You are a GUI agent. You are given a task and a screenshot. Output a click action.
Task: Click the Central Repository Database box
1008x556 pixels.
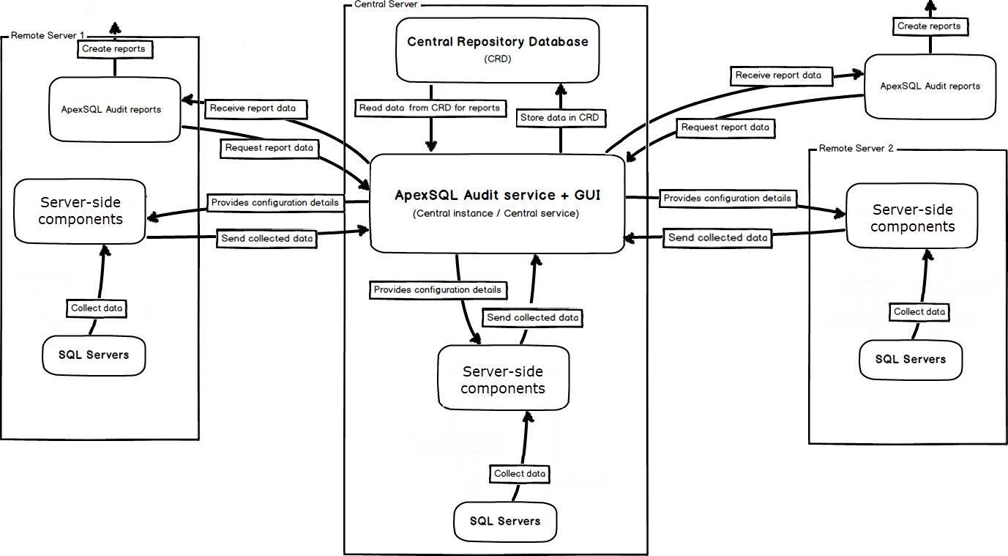497,50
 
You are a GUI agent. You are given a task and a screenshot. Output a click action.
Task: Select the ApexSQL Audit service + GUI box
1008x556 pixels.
497,204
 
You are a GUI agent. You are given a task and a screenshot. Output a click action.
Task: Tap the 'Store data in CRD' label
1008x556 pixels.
559,117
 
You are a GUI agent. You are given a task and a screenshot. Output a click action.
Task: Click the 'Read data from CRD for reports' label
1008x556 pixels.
429,108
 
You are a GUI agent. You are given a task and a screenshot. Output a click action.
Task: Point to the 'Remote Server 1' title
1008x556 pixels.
48,35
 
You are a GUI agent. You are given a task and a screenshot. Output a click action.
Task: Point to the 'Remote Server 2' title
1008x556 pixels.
856,149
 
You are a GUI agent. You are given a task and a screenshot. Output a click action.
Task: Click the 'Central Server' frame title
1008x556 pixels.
385,4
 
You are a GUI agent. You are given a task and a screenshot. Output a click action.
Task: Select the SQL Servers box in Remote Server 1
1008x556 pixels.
94,355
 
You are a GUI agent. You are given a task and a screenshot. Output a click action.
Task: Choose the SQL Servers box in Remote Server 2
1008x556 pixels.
911,360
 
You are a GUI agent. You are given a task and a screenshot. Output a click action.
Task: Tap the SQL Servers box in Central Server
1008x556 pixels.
505,522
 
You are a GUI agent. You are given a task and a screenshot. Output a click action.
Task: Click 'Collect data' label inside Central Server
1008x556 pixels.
520,474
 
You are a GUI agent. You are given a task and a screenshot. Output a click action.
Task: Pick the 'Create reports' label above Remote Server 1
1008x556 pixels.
113,49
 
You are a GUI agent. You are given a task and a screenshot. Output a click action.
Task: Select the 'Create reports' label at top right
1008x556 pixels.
929,26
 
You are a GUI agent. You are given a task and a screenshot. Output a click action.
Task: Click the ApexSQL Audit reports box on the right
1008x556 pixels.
930,86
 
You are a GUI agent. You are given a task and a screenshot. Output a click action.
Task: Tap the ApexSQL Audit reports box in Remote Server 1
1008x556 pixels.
114,110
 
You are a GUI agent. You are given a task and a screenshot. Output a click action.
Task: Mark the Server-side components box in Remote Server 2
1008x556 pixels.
912,218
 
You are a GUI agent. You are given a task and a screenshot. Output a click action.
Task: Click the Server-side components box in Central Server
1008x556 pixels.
503,380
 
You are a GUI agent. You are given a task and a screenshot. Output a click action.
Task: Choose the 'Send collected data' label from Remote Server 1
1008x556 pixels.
267,238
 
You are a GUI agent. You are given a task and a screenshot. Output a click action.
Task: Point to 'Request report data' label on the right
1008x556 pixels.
725,127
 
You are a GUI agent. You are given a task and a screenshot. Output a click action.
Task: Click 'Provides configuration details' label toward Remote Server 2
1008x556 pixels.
727,199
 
